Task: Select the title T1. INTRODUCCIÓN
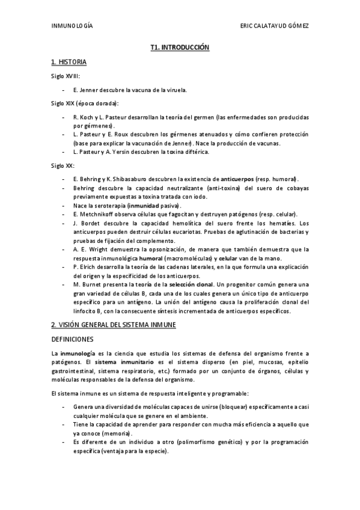(x=180, y=46)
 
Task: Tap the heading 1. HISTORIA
(x=69, y=62)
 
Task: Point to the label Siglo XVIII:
(x=65, y=76)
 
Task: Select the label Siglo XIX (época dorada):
(x=85, y=103)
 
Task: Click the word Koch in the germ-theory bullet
(x=85, y=117)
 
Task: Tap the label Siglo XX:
(x=63, y=165)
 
